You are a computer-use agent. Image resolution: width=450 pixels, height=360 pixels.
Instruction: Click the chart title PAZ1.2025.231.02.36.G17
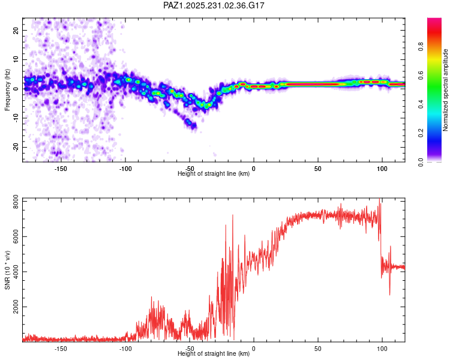click(x=214, y=5)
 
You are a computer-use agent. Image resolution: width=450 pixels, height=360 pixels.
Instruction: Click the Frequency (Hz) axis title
click(x=7, y=90)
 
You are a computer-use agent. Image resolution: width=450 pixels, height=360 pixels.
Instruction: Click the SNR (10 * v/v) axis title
click(x=7, y=269)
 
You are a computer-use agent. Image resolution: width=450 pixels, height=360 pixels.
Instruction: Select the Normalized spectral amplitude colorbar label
click(x=446, y=90)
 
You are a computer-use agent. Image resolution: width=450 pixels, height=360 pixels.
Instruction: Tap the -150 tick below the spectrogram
click(x=61, y=169)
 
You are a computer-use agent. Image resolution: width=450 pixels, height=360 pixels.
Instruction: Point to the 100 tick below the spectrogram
click(x=382, y=169)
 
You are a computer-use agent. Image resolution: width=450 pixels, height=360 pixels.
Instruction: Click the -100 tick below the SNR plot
click(x=125, y=348)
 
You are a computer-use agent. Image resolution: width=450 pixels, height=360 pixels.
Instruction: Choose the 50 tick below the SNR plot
click(x=318, y=348)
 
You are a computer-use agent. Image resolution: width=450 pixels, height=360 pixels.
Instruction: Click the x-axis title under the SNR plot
click(x=214, y=353)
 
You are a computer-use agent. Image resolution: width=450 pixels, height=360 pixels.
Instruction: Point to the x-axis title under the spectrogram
click(x=214, y=174)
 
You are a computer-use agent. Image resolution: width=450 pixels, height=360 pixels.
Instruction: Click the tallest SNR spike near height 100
click(x=380, y=200)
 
